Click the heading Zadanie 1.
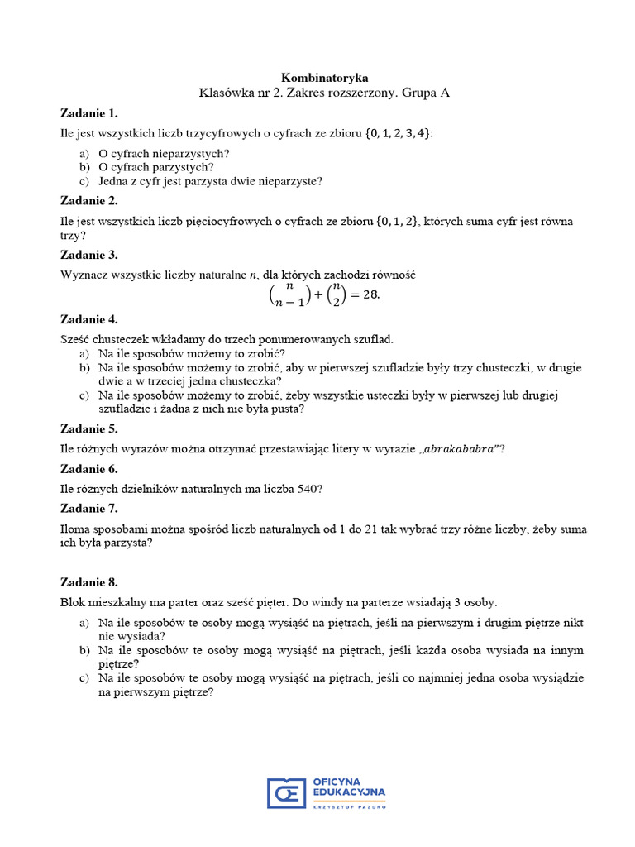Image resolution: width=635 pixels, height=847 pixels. pyautogui.click(x=89, y=113)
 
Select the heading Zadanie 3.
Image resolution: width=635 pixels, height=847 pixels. pyautogui.click(x=89, y=255)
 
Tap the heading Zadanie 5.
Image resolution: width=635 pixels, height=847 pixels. pyautogui.click(x=89, y=428)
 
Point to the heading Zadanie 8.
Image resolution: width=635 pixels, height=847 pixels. pyautogui.click(x=89, y=582)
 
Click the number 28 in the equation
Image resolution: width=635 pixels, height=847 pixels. pyautogui.click(x=371, y=295)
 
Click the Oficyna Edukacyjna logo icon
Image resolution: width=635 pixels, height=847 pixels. pyautogui.click(x=286, y=793)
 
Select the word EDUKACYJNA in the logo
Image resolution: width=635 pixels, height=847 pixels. pyautogui.click(x=349, y=792)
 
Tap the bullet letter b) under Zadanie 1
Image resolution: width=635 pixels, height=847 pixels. pyautogui.click(x=84, y=167)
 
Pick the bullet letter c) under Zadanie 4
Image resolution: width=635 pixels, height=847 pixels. pyautogui.click(x=84, y=395)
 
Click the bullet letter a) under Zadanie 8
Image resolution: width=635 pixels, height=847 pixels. pyautogui.click(x=84, y=622)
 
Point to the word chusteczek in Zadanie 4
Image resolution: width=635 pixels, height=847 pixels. pyautogui.click(x=118, y=339)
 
